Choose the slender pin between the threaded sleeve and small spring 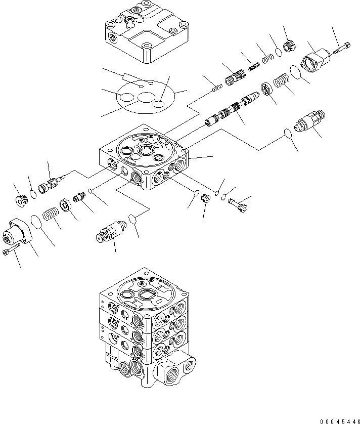pyautogui.click(x=253, y=66)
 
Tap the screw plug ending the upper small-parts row pyautogui.click(x=290, y=46)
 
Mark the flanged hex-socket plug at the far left pyautogui.click(x=21, y=200)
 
